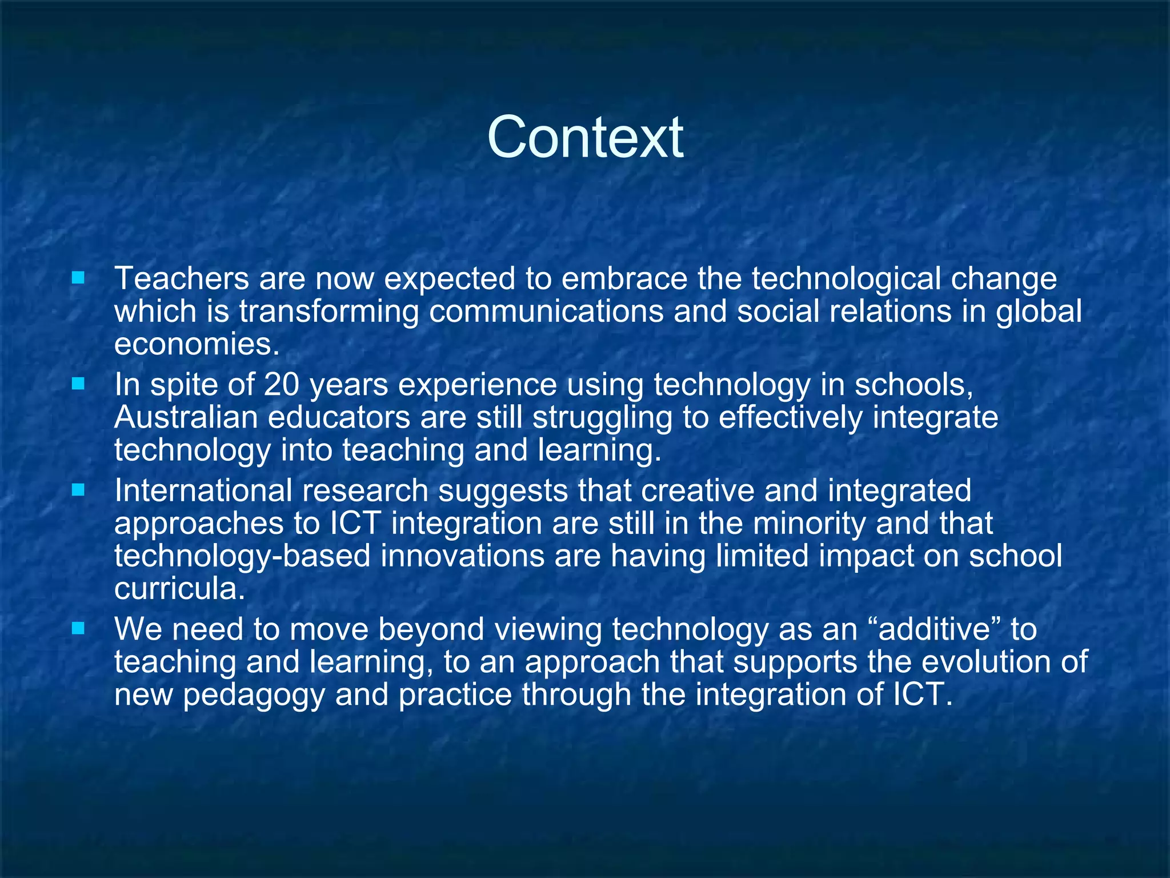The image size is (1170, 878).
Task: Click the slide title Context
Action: coord(585,137)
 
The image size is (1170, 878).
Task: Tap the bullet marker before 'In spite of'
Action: coord(78,384)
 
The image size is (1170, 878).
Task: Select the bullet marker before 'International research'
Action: coord(78,490)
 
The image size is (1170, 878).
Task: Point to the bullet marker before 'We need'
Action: coord(78,629)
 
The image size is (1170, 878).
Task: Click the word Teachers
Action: coord(182,278)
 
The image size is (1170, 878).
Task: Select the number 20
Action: coord(281,385)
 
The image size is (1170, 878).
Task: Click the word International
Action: coord(203,491)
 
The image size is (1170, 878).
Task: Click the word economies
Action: coord(197,345)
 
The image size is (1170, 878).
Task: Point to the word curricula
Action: coord(179,589)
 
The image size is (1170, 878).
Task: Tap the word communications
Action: coord(546,312)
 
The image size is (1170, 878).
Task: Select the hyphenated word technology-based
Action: coord(242,556)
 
